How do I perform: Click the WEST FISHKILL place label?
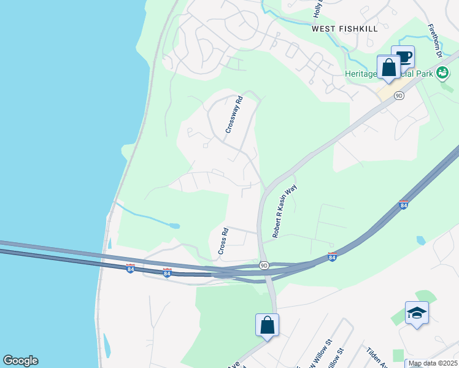tap(341, 28)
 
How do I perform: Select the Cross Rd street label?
tap(223, 242)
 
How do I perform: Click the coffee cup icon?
tap(403, 58)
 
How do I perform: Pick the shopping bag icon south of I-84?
tap(268, 325)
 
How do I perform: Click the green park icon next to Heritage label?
tap(442, 74)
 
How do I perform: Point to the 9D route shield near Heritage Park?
tap(399, 95)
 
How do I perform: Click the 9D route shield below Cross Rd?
tap(264, 265)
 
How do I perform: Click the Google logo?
tap(20, 361)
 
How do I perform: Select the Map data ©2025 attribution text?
tap(433, 363)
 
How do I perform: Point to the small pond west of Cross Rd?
tap(174, 226)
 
